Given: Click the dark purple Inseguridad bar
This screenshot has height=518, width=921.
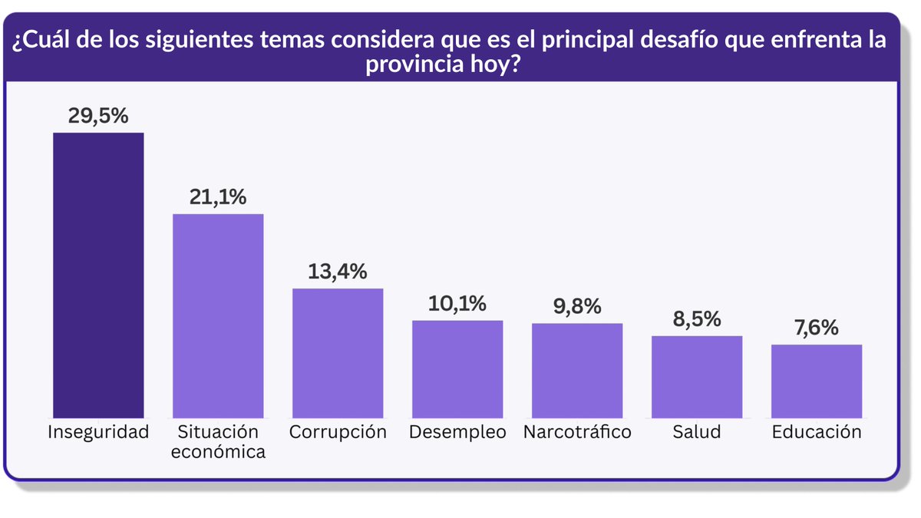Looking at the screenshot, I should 98,275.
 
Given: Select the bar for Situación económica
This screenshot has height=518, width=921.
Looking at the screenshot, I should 218,315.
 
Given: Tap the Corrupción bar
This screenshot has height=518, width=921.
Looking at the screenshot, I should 338,353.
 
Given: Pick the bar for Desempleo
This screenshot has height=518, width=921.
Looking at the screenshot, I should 457,368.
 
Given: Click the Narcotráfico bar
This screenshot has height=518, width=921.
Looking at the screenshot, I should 577,370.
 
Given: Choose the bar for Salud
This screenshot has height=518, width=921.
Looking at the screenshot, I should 697,376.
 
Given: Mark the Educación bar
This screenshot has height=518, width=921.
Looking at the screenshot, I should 817,381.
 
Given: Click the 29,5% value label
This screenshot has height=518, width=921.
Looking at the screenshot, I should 98,116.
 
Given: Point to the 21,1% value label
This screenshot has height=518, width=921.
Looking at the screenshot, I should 218,197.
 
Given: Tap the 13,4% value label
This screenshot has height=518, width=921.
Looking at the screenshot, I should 338,272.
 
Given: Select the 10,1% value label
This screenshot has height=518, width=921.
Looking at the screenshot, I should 457,303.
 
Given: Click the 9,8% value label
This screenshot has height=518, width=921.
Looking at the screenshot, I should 577,306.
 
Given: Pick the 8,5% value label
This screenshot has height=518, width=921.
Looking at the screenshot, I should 697,318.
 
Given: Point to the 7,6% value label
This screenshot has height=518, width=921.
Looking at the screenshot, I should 817,328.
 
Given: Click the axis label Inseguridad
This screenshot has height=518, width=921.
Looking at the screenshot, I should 98,432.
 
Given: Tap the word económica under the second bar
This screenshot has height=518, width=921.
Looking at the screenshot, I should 218,451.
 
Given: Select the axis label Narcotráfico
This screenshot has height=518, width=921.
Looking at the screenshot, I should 577,432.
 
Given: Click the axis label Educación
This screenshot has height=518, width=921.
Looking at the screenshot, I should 817,432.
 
